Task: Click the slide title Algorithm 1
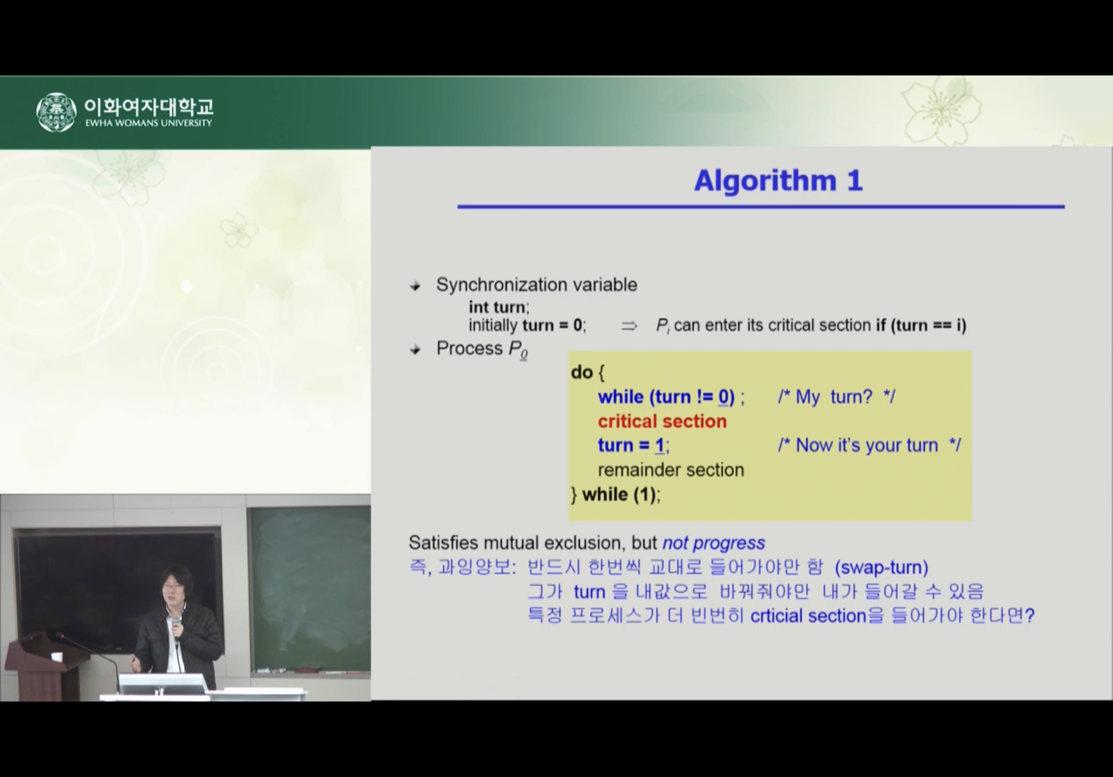point(778,181)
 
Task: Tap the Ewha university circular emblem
point(56,112)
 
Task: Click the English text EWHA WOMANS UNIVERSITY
point(149,123)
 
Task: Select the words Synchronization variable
point(536,285)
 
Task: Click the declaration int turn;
point(499,307)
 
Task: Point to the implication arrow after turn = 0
point(629,326)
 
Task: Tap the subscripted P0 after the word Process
point(518,350)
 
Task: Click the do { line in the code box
point(588,373)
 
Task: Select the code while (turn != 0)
point(666,397)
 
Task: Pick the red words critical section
point(662,422)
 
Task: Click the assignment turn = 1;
point(633,445)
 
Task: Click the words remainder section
point(671,470)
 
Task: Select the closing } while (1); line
point(616,495)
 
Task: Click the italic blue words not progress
point(714,543)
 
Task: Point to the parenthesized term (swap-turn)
point(881,567)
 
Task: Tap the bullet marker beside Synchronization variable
point(415,286)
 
